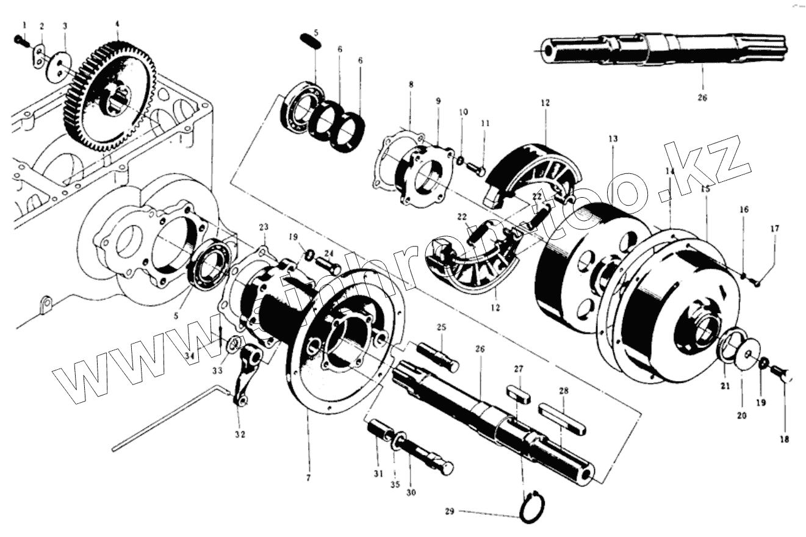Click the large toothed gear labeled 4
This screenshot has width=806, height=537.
tap(110, 98)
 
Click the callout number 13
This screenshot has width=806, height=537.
tap(613, 140)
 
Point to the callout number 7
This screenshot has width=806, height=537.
tap(308, 478)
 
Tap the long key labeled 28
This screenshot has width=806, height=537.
tap(562, 419)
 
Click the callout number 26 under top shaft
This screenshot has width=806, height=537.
tap(702, 97)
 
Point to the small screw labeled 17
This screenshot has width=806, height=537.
tap(757, 281)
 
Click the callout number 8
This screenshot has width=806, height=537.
tap(411, 85)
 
